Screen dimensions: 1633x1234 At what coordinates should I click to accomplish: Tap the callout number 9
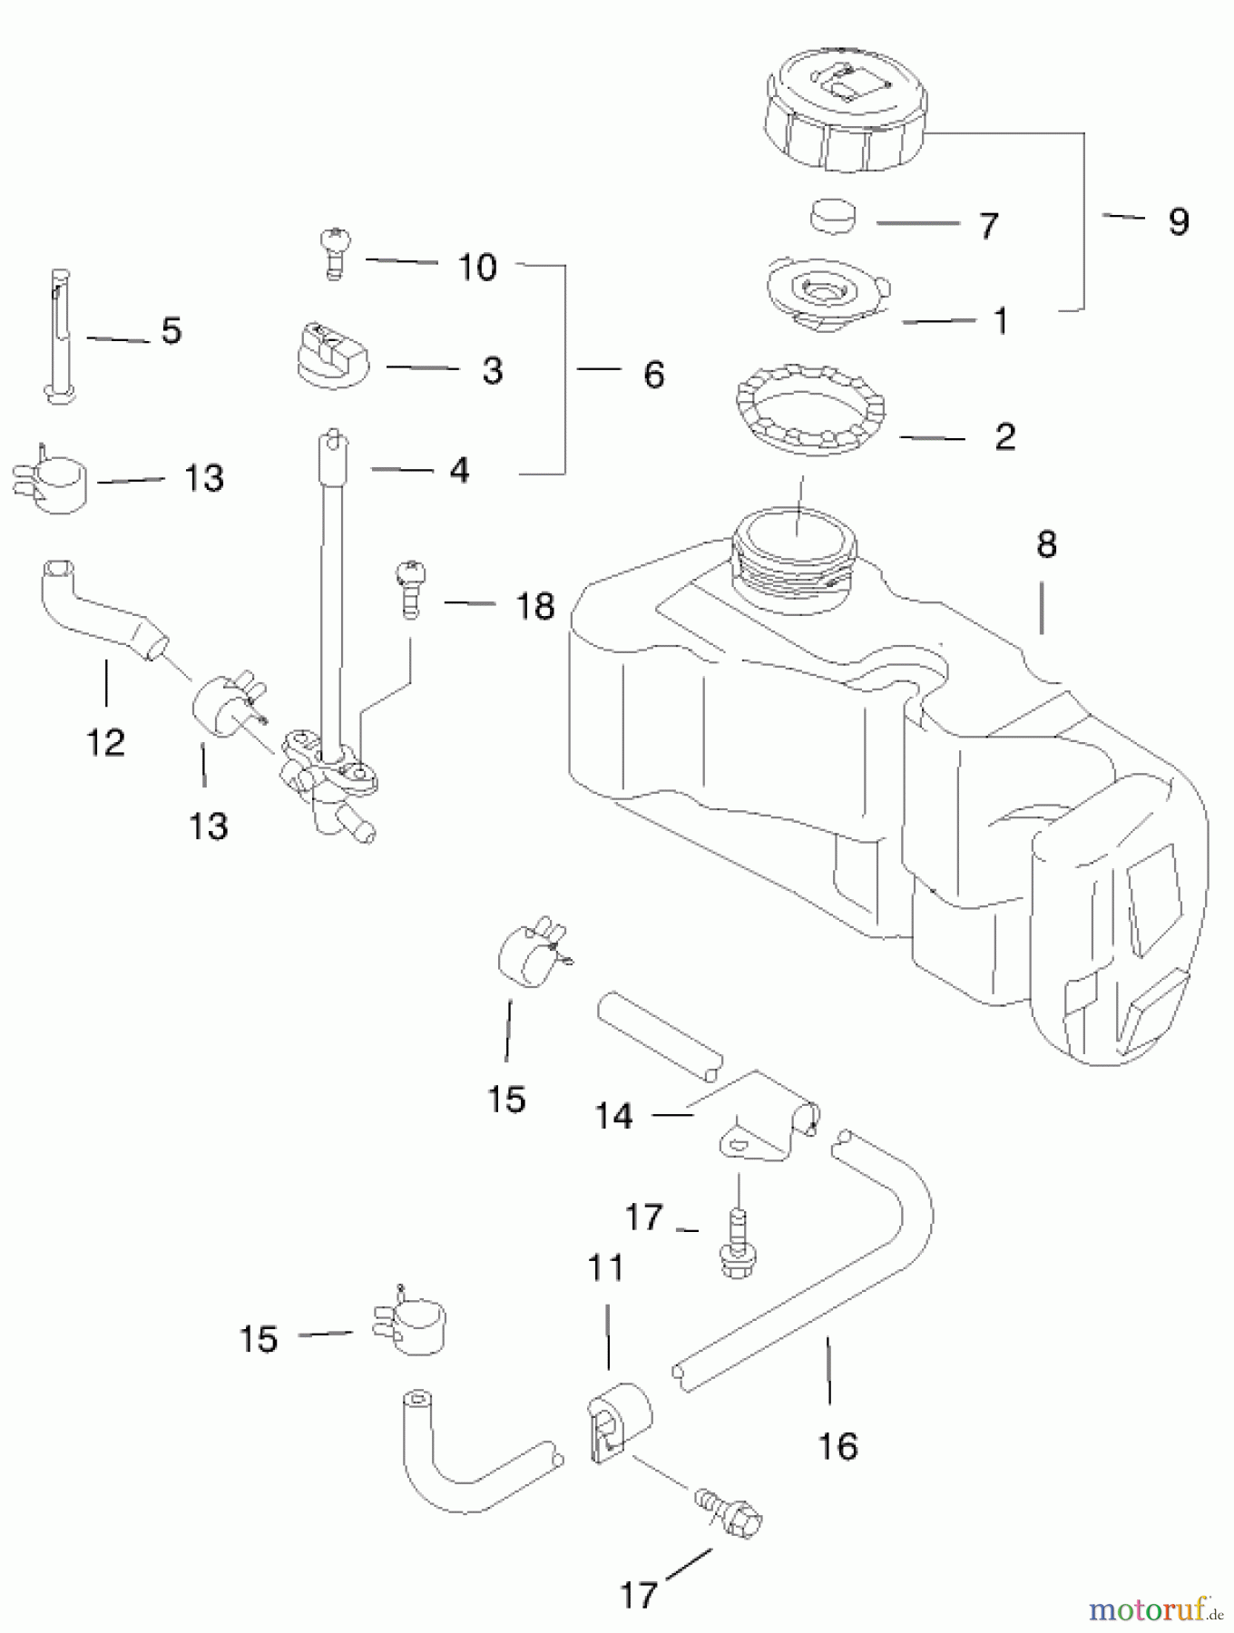point(1178,221)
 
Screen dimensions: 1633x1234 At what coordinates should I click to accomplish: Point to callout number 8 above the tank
point(1046,545)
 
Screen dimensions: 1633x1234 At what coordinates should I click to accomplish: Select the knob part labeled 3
point(333,355)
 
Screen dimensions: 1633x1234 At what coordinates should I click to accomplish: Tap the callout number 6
point(653,375)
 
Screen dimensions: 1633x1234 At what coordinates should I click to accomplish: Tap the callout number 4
point(460,471)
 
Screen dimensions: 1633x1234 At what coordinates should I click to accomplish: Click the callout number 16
point(837,1445)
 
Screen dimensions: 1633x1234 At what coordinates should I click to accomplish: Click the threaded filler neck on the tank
point(794,558)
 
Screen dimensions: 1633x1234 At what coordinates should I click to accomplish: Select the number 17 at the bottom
point(638,1594)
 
